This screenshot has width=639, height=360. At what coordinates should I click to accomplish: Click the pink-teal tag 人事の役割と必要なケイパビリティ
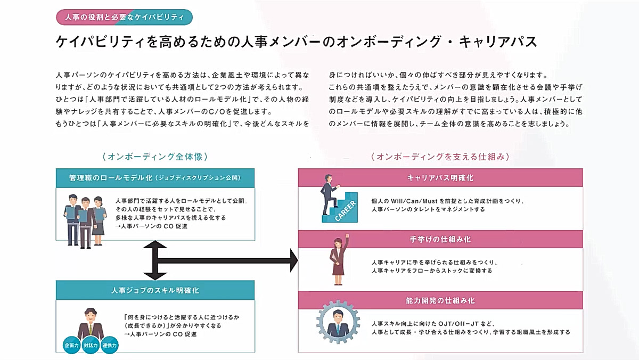pos(124,17)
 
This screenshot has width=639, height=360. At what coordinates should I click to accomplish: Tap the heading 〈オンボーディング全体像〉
pos(154,157)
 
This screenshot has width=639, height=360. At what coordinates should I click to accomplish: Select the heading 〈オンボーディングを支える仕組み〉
pos(440,157)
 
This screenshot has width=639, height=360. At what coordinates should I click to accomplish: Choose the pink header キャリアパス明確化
pos(440,177)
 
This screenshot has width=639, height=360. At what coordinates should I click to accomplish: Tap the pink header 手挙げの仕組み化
pos(440,239)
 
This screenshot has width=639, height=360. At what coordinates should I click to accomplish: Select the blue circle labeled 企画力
pos(71,345)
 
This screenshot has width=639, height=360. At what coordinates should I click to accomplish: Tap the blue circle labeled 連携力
pos(110,345)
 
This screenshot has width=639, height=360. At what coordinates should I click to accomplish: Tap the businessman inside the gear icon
pos(338,322)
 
